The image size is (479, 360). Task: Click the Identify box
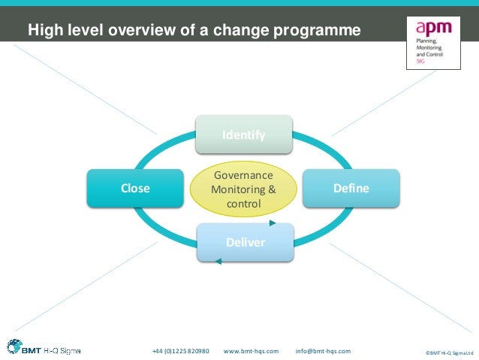(x=244, y=135)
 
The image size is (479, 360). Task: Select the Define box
(x=351, y=188)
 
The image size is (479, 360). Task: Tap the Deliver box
(x=245, y=241)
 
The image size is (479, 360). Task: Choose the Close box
(x=135, y=188)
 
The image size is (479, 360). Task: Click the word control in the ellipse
(x=243, y=204)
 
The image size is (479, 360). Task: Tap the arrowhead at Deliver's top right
(x=273, y=223)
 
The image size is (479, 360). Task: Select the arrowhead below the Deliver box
(x=218, y=262)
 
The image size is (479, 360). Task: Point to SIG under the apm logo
(x=420, y=64)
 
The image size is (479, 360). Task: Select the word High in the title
(x=43, y=30)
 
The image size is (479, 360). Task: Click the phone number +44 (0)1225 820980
(x=180, y=351)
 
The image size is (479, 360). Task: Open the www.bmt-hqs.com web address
(x=252, y=351)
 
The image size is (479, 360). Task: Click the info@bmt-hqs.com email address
(x=323, y=351)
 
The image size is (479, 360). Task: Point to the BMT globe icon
(x=14, y=347)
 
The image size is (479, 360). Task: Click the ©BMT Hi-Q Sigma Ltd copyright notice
(x=449, y=352)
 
